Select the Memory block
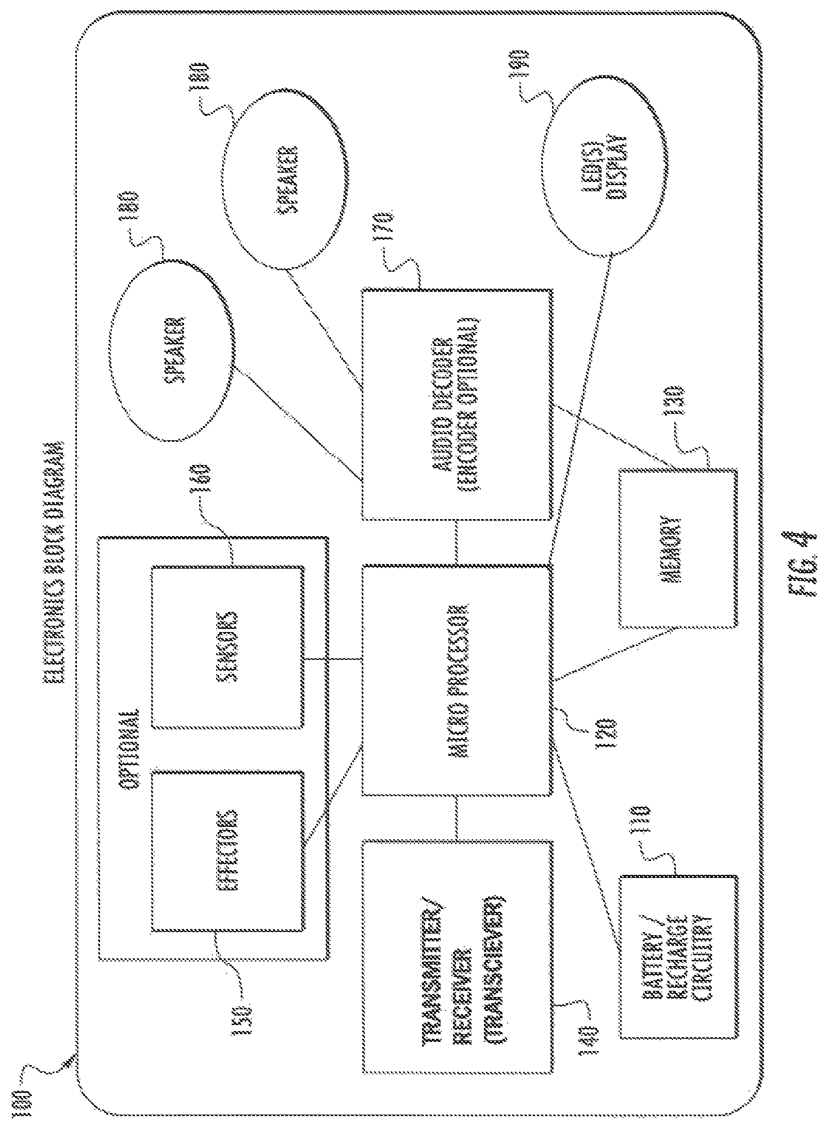[678, 549]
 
